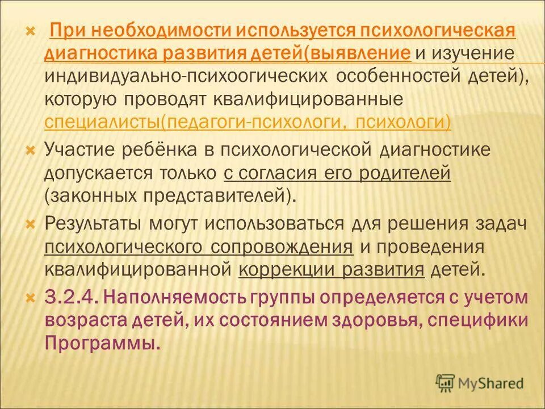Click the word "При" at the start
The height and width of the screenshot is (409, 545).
[67, 30]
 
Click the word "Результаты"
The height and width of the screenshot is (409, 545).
[93, 223]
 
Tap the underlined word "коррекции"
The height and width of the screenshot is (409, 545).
[287, 269]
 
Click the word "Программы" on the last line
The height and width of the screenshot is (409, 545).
[100, 343]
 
